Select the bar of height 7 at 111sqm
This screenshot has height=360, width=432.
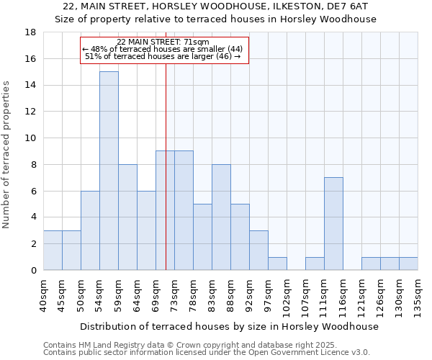point(333,224)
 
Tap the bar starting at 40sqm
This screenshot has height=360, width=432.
point(53,251)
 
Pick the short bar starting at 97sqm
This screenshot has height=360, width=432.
point(277,264)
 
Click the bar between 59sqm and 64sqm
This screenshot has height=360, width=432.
point(127,217)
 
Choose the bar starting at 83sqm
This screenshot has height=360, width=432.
point(221,217)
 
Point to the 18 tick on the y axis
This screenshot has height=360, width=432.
point(31,32)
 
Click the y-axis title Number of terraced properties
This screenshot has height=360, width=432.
point(7,155)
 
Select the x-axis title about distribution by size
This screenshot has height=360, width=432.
point(229,326)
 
